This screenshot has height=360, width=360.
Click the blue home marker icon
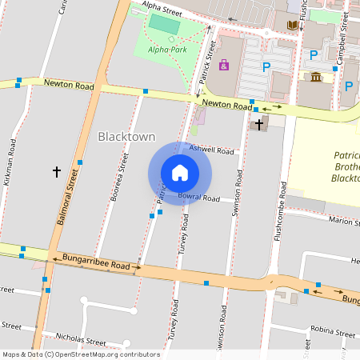point(180,173)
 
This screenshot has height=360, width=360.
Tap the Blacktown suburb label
point(126,137)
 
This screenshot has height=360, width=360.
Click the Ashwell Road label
point(212,150)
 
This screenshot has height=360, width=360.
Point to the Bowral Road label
point(198,197)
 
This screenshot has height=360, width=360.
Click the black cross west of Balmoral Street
point(56,171)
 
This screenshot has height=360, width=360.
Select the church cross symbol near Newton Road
point(259,124)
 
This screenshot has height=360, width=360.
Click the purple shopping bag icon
point(223,65)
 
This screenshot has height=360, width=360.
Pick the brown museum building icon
point(316,77)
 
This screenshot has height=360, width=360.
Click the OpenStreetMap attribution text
point(81,354)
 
